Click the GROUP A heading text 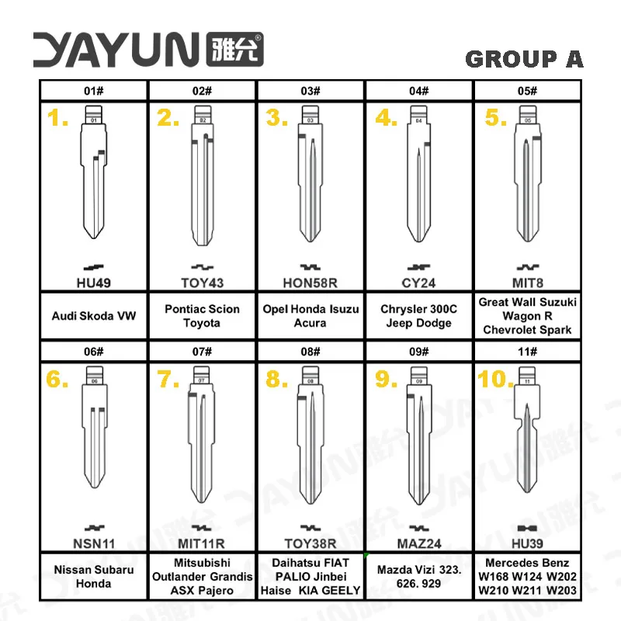(x=524, y=59)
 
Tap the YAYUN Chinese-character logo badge (x=235, y=49)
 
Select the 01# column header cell (x=93, y=91)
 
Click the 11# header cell (x=528, y=352)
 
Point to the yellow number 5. (x=495, y=118)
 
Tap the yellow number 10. (x=495, y=379)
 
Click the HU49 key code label (x=93, y=283)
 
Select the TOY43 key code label (x=202, y=283)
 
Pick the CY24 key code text (x=418, y=283)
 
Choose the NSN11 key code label (x=94, y=543)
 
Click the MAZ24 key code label (x=419, y=543)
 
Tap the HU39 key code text (x=527, y=543)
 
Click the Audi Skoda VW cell (x=93, y=316)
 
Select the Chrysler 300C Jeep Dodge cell (x=418, y=316)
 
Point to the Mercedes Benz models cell (x=528, y=576)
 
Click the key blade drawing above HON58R (x=310, y=174)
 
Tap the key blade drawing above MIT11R (x=202, y=435)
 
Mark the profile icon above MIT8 (x=528, y=267)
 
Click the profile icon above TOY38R (x=310, y=528)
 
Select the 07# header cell (x=202, y=352)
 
